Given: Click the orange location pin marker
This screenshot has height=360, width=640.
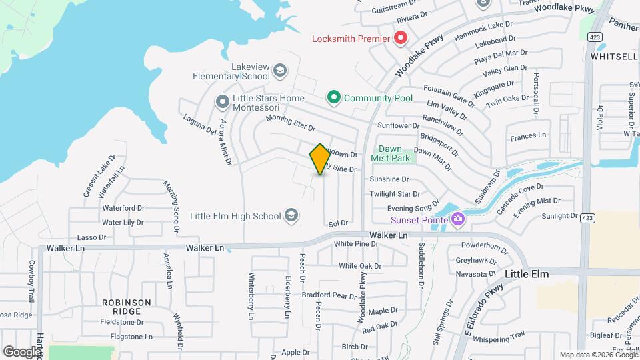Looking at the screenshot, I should click(x=320, y=159).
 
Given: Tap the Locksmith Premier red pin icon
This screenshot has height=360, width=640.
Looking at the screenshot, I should click(x=400, y=38).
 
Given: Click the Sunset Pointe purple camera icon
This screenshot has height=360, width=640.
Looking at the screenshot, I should click(x=457, y=218).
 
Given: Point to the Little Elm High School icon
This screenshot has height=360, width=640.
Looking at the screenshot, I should click(x=291, y=215).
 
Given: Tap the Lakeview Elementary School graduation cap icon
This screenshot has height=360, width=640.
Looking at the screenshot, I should click(x=280, y=69).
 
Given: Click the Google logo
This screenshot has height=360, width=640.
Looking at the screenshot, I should click(x=22, y=351).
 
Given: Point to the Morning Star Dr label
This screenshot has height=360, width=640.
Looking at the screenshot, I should click(x=290, y=123).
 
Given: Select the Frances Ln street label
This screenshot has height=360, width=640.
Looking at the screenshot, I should click(x=527, y=135).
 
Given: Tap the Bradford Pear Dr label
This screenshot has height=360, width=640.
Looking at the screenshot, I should click(x=329, y=295).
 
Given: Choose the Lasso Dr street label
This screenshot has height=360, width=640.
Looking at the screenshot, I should click(x=92, y=237).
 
